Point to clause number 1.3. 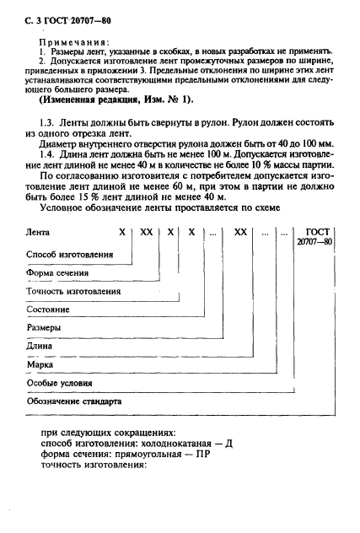point(50,123)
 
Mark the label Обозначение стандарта point(75,401)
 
